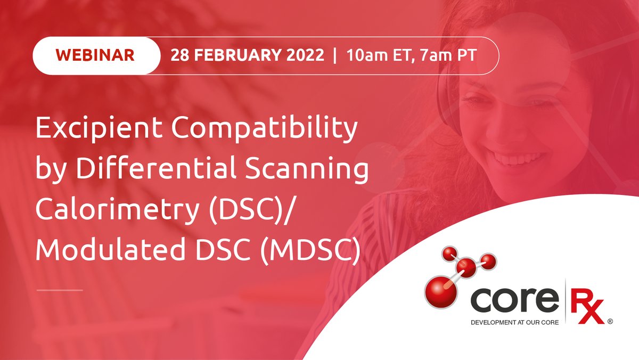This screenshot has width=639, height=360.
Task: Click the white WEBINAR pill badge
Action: (x=96, y=55)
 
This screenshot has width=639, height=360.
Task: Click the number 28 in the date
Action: (x=179, y=55)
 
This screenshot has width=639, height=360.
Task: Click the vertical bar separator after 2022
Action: (x=334, y=55)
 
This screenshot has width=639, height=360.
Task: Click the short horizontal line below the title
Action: (x=60, y=290)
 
